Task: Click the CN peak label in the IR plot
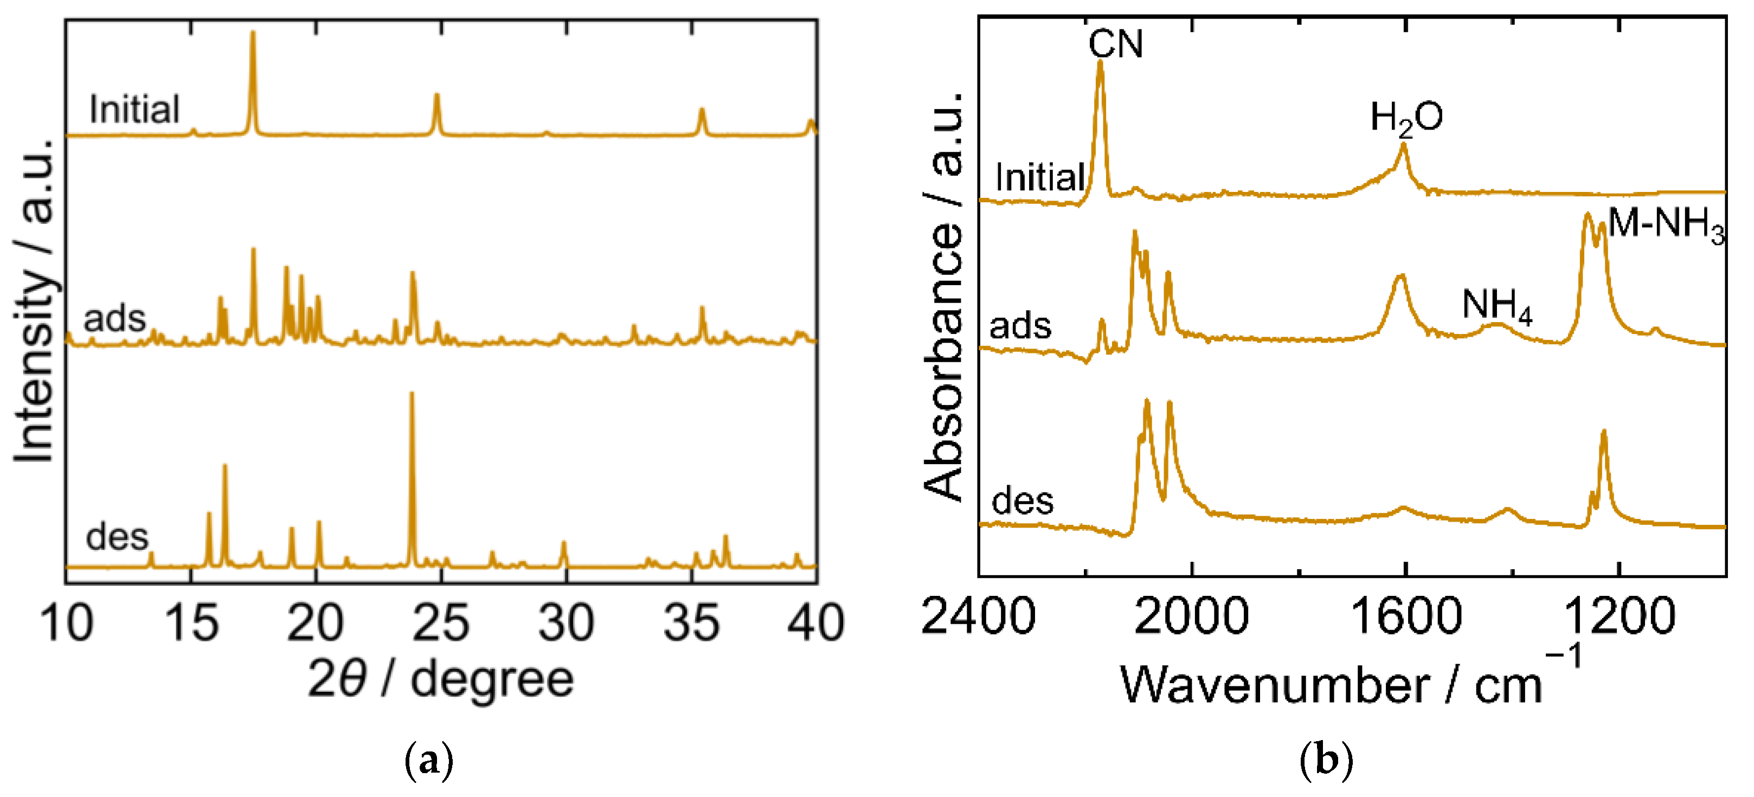[1115, 44]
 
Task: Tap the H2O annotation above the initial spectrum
[1405, 118]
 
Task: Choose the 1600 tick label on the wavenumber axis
[1405, 616]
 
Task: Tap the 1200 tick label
[1619, 616]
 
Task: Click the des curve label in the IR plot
[1023, 501]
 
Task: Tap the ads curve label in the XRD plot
[114, 318]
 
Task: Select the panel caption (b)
[1325, 760]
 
